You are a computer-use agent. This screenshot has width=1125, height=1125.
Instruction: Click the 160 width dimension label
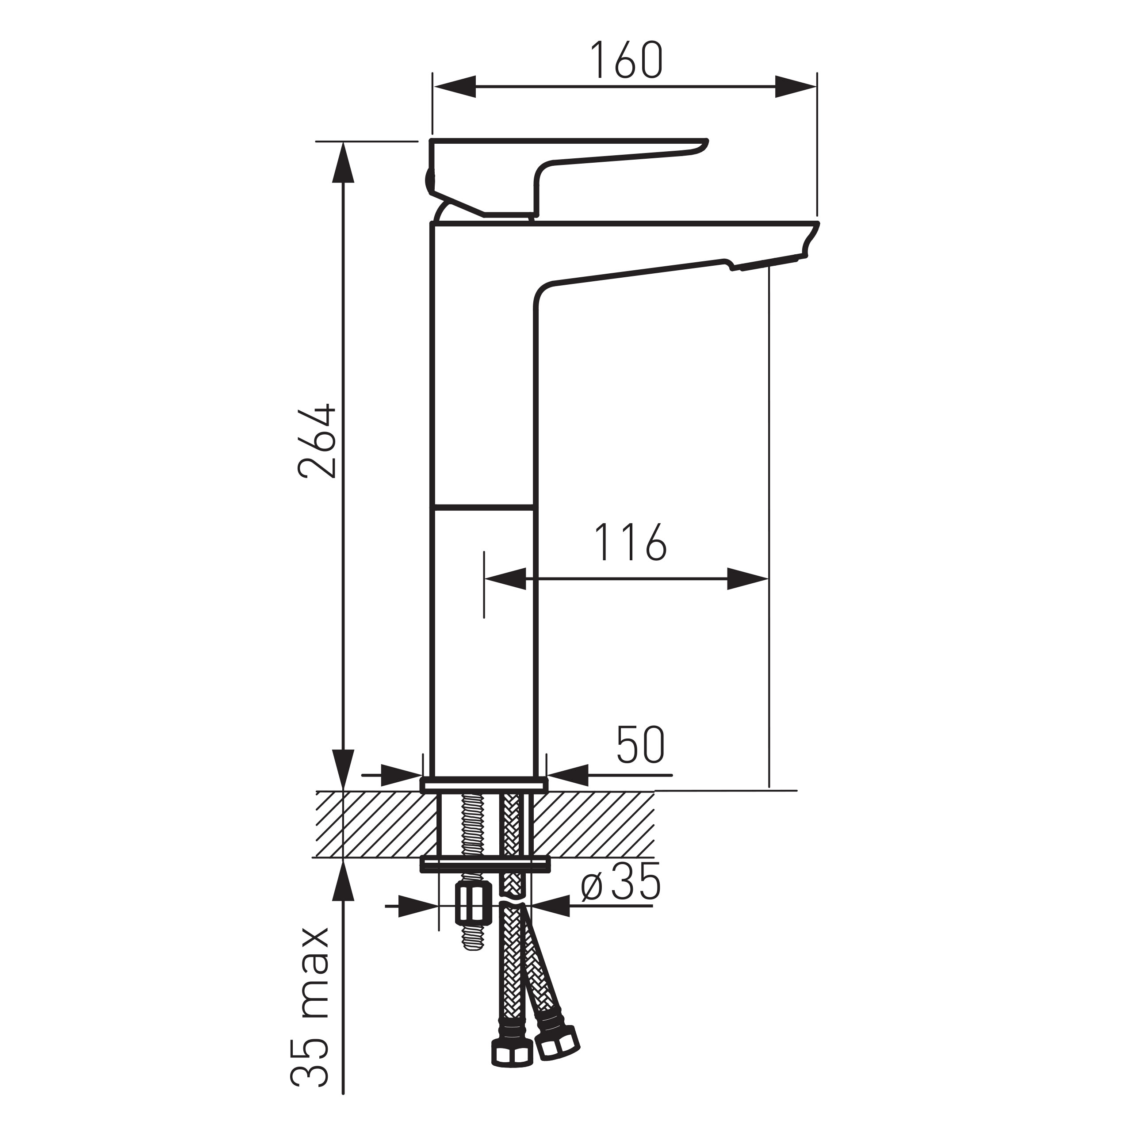click(x=626, y=60)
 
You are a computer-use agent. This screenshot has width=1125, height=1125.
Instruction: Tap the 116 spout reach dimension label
click(x=630, y=542)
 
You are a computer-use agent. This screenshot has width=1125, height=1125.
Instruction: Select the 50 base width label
click(x=640, y=745)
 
